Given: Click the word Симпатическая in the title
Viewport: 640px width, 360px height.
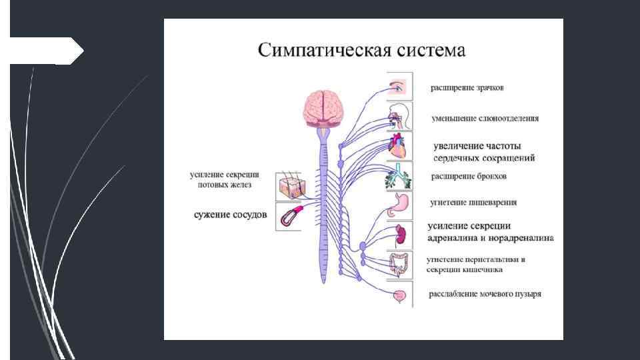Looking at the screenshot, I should [x=319, y=50].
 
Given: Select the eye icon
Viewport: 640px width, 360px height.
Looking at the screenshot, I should [x=398, y=87].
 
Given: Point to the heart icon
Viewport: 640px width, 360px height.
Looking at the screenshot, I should [x=399, y=147].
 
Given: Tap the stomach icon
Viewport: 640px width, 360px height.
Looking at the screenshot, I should [x=399, y=205].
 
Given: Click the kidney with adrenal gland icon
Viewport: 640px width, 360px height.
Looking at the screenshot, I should [x=400, y=235].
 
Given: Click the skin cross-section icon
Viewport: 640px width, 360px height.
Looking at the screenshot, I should [x=289, y=187].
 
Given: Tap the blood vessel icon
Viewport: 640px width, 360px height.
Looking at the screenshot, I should [x=289, y=216].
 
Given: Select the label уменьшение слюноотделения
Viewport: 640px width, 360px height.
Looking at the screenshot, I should [x=485, y=118].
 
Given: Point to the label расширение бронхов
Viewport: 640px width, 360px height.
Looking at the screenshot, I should [x=469, y=177].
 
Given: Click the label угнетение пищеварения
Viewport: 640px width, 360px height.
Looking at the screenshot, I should [x=473, y=202].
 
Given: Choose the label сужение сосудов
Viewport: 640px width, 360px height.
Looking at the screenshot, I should [x=230, y=215].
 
